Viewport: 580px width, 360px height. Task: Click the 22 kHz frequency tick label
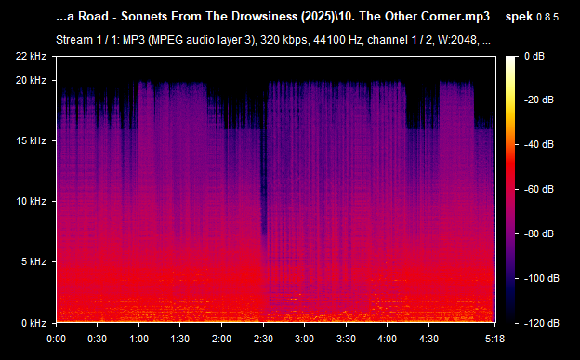click(32, 57)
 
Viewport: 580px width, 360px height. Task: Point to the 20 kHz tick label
click(32, 81)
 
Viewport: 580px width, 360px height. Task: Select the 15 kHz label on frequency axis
click(32, 140)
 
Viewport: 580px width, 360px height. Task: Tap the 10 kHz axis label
click(32, 201)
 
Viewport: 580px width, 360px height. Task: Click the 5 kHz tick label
click(34, 261)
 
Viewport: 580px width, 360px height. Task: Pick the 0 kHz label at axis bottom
click(34, 322)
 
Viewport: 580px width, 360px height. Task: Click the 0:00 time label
click(56, 340)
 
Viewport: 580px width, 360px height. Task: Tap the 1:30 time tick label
click(181, 340)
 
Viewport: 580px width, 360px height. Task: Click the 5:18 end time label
click(495, 340)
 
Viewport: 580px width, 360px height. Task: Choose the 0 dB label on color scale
click(534, 57)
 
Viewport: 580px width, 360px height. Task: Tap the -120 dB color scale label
click(539, 322)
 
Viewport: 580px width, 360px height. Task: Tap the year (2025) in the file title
click(325, 18)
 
